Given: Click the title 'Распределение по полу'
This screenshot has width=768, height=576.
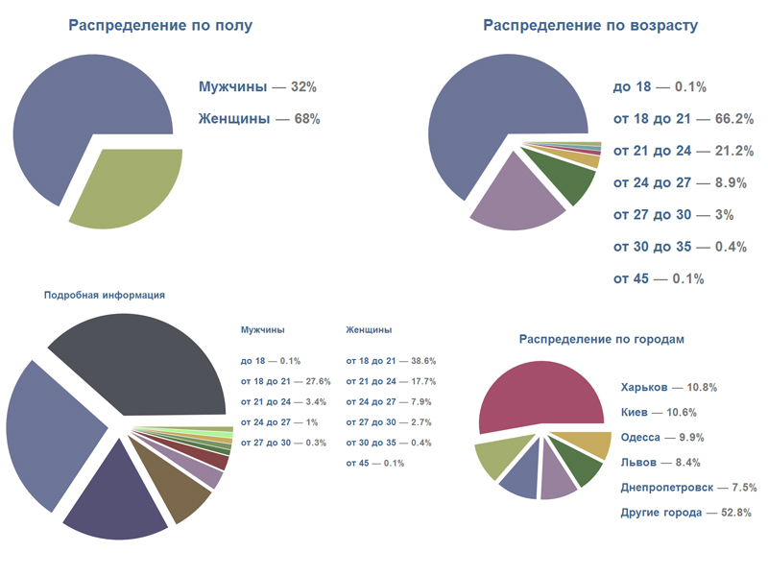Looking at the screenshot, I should [160, 26].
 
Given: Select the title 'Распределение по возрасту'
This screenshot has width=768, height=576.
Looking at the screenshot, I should [589, 26].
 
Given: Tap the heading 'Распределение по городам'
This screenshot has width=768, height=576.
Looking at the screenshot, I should [601, 339].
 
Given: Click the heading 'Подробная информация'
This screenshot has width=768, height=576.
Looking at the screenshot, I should [105, 296].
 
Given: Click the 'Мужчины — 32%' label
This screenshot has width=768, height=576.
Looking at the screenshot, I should [257, 86].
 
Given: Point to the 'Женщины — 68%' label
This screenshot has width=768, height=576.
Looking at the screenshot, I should [259, 119].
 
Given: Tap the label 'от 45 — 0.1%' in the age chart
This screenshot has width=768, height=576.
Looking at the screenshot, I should [659, 278].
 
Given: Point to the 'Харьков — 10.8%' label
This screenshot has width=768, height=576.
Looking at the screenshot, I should [669, 387].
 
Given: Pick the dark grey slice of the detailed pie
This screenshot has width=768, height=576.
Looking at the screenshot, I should [144, 365].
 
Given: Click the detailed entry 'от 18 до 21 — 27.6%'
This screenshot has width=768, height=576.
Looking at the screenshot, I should [285, 381].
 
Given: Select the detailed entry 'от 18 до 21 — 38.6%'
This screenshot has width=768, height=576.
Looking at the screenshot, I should [391, 361].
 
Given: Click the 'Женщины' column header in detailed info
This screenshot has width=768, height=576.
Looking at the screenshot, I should [368, 329].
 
